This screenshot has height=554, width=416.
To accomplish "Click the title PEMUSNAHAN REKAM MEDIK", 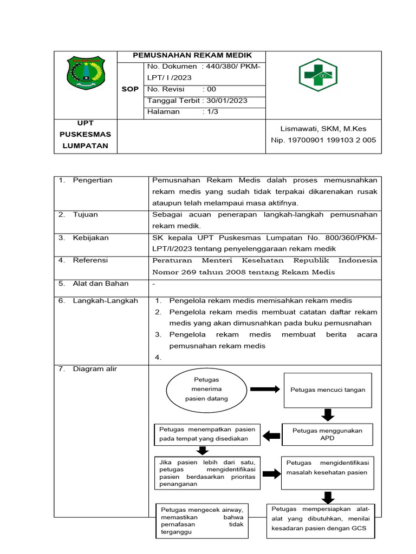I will click(192, 56).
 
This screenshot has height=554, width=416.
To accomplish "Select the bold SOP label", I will click(130, 89).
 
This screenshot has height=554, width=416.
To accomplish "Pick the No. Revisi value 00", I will click(212, 89).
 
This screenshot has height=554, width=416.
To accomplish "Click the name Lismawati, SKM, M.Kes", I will click(323, 129).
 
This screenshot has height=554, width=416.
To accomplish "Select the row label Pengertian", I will click(92, 180).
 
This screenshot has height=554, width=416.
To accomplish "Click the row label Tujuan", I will click(86, 215).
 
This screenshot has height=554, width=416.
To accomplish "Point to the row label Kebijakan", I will click(90, 238).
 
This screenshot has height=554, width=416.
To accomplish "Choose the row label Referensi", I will click(90, 260).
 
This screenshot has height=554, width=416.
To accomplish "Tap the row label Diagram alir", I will click(95, 369).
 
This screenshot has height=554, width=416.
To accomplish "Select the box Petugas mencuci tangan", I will click(328, 390).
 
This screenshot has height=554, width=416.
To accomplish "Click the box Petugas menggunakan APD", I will click(327, 434).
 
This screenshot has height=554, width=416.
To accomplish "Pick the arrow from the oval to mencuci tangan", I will click(264, 389).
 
